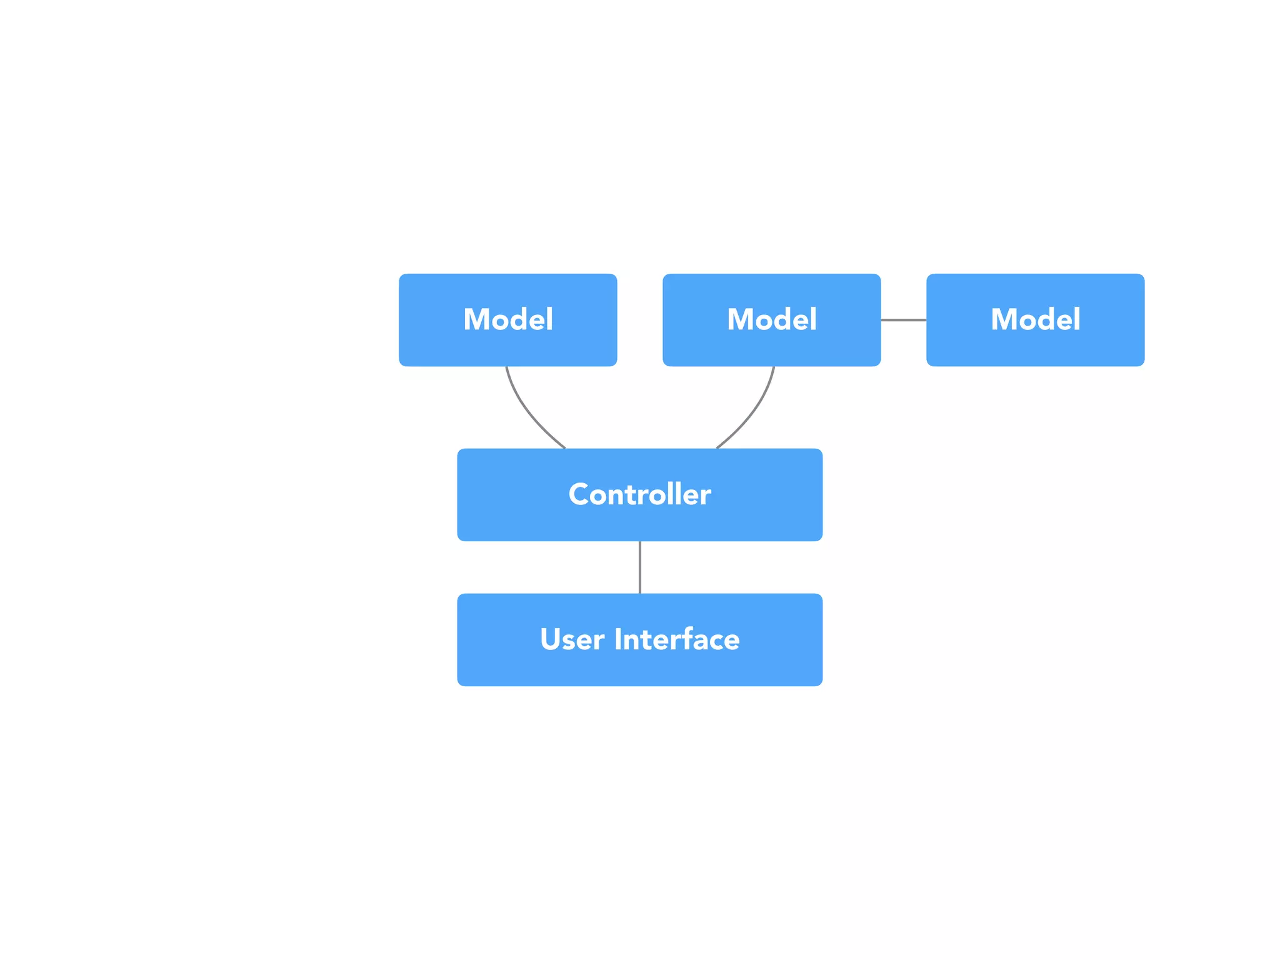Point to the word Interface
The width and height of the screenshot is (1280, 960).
tap(677, 639)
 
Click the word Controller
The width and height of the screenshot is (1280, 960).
tap(639, 494)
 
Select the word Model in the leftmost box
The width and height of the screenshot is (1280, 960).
tap(507, 319)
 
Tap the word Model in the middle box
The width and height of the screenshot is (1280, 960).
tap(771, 319)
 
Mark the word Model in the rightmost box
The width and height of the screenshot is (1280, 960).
tap(1035, 319)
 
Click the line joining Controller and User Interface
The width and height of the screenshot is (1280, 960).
tap(639, 567)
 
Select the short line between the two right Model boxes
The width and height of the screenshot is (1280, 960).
tap(903, 320)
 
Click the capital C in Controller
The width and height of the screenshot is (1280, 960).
tap(579, 494)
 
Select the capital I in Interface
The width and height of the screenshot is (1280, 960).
tap(618, 639)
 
